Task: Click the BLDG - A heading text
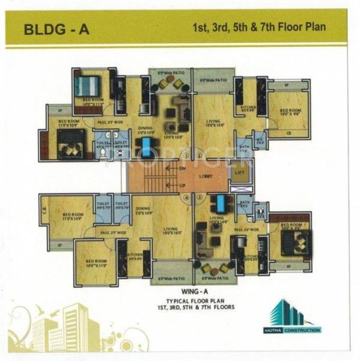click(55, 28)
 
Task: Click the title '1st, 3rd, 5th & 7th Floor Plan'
click(254, 28)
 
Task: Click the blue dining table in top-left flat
click(146, 144)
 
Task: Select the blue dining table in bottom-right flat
click(221, 202)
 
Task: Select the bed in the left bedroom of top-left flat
click(70, 142)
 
